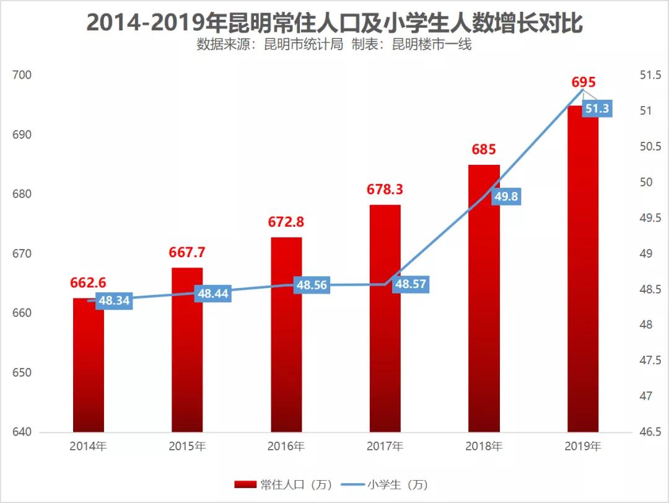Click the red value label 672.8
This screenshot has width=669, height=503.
287,222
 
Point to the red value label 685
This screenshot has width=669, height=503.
484,150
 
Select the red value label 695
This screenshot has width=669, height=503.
583,82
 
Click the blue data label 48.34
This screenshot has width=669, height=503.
115,301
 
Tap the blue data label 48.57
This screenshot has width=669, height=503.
411,284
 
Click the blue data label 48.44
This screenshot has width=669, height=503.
213,294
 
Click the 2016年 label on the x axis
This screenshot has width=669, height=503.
286,446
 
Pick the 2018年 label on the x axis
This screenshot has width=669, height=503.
484,446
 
